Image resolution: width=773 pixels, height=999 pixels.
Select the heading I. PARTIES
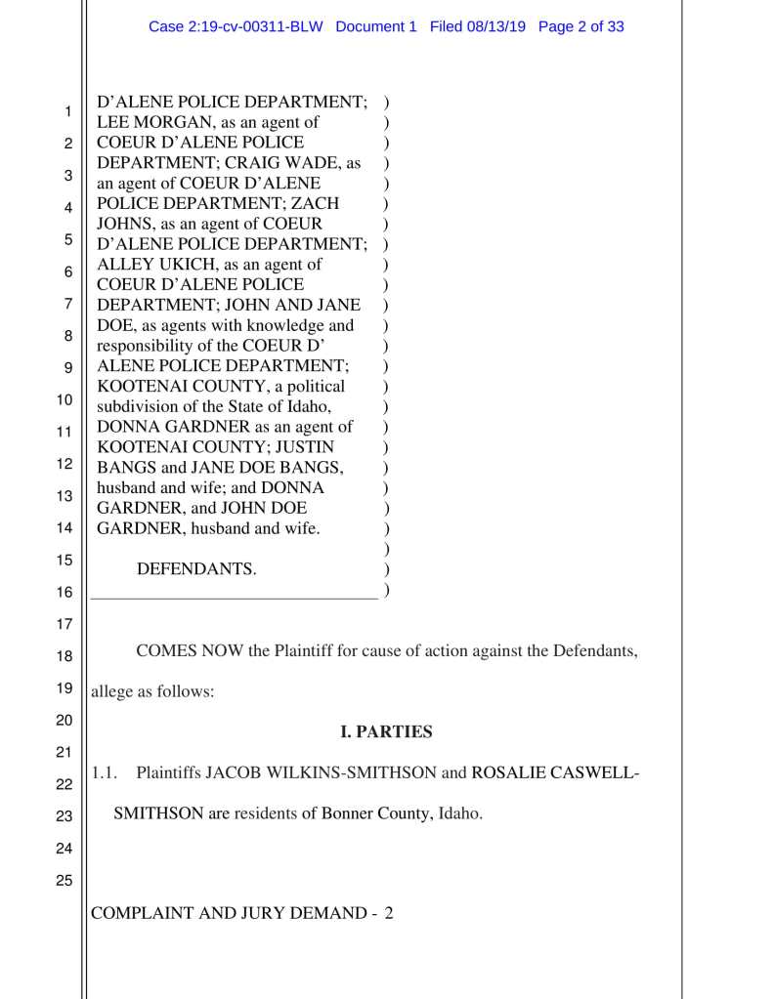[385, 731]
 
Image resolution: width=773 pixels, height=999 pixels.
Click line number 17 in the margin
[64, 624]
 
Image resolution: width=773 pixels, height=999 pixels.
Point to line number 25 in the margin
[64, 881]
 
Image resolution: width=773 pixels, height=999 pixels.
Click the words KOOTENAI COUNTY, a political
[220, 386]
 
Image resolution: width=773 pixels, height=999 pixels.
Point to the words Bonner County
[376, 813]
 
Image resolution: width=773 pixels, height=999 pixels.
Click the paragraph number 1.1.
[105, 773]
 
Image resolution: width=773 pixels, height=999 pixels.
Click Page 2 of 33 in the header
[580, 26]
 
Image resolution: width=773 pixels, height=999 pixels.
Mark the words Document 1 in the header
[376, 26]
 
